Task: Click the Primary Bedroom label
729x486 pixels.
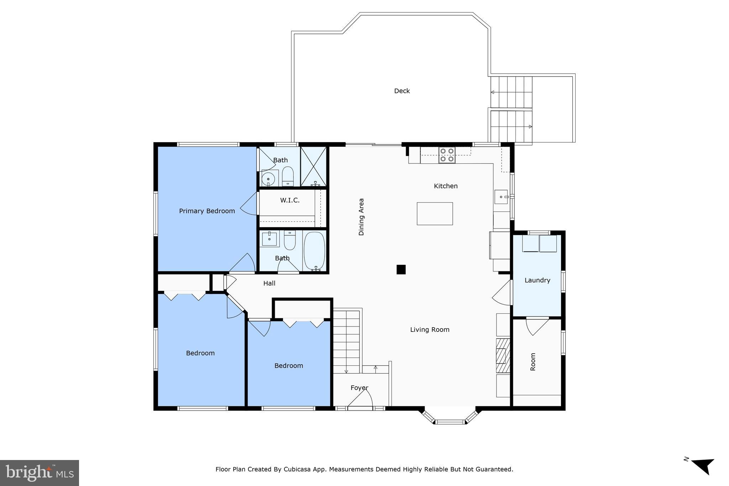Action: pyautogui.click(x=207, y=211)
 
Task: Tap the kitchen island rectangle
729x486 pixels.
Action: pyautogui.click(x=435, y=214)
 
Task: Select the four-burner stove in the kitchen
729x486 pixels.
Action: pyautogui.click(x=447, y=155)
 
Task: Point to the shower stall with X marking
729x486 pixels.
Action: pyautogui.click(x=314, y=166)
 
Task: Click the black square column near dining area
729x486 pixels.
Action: pyautogui.click(x=401, y=270)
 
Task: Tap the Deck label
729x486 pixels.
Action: pyautogui.click(x=402, y=91)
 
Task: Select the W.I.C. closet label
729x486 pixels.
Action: pyautogui.click(x=289, y=200)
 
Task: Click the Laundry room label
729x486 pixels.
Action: pyautogui.click(x=537, y=281)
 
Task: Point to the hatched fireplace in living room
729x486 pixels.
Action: pyautogui.click(x=503, y=355)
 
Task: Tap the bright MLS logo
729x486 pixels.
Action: pyautogui.click(x=40, y=473)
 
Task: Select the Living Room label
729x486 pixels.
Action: pyautogui.click(x=430, y=330)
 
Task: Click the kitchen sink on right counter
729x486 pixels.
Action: pyautogui.click(x=501, y=197)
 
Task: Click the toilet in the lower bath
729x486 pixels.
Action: pyautogui.click(x=290, y=240)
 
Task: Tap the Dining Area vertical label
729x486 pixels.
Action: pyautogui.click(x=361, y=217)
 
